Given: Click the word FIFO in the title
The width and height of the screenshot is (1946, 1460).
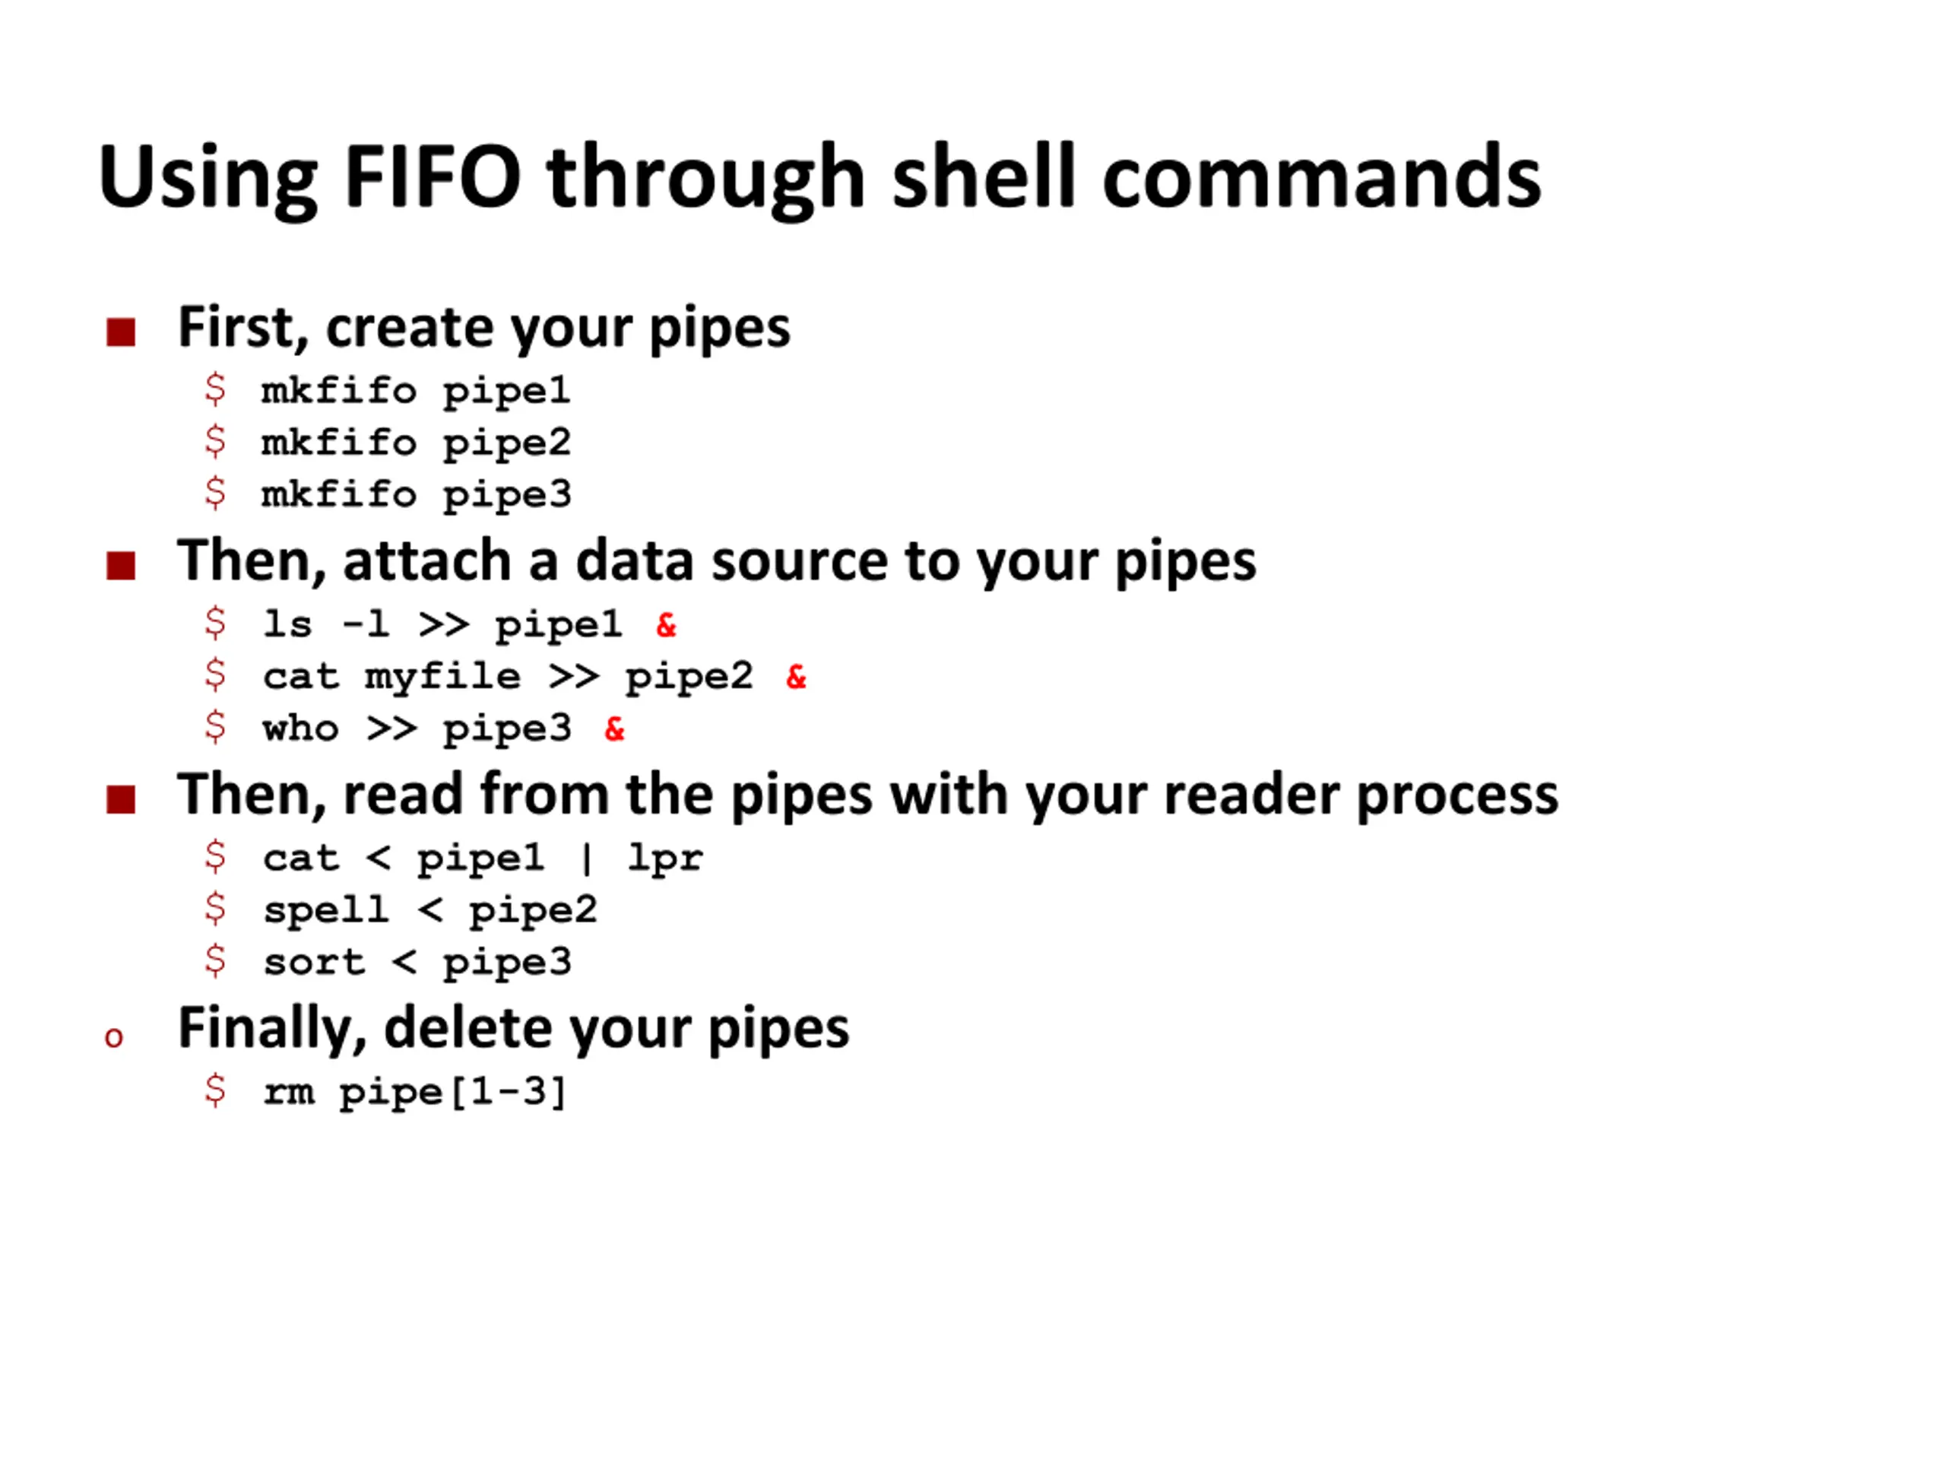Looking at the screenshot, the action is point(433,177).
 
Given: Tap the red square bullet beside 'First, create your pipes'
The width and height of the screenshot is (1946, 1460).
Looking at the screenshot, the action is point(121,332).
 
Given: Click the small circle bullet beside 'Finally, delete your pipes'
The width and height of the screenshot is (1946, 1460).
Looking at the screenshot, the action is point(113,1037).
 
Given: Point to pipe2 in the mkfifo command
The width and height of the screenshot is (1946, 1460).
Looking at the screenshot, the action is point(507,443).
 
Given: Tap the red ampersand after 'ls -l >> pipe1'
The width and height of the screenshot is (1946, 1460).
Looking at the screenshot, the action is point(666,625).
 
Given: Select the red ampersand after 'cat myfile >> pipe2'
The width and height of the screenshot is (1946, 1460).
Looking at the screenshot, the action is point(796,677).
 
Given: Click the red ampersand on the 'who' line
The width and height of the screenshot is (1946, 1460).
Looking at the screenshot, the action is point(614,728).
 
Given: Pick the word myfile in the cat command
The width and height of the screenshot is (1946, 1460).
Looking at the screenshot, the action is point(442,677).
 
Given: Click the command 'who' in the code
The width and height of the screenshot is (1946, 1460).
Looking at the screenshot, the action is point(300,728).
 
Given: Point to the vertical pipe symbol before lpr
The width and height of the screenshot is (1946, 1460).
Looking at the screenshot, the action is point(587,858).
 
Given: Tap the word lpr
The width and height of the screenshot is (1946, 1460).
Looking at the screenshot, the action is point(665,858).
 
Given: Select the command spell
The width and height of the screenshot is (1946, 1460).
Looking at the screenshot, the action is point(325,910).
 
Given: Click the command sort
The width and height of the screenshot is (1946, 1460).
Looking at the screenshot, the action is point(314,962).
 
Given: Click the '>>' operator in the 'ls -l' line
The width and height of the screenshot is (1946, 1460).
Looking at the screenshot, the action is point(442,625).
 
